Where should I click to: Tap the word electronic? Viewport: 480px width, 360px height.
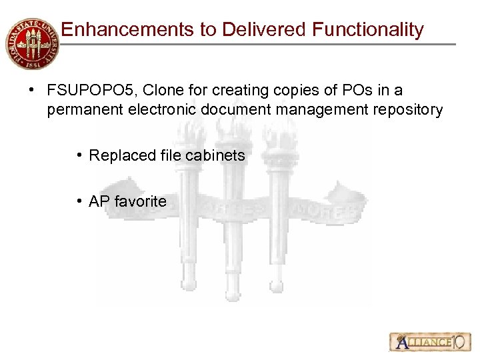(153, 109)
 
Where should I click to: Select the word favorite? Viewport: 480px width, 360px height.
(140, 201)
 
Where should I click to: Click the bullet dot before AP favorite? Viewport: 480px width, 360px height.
(79, 201)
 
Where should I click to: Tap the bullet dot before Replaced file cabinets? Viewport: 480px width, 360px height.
(79, 155)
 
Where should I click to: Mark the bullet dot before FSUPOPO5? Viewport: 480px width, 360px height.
(31, 90)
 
